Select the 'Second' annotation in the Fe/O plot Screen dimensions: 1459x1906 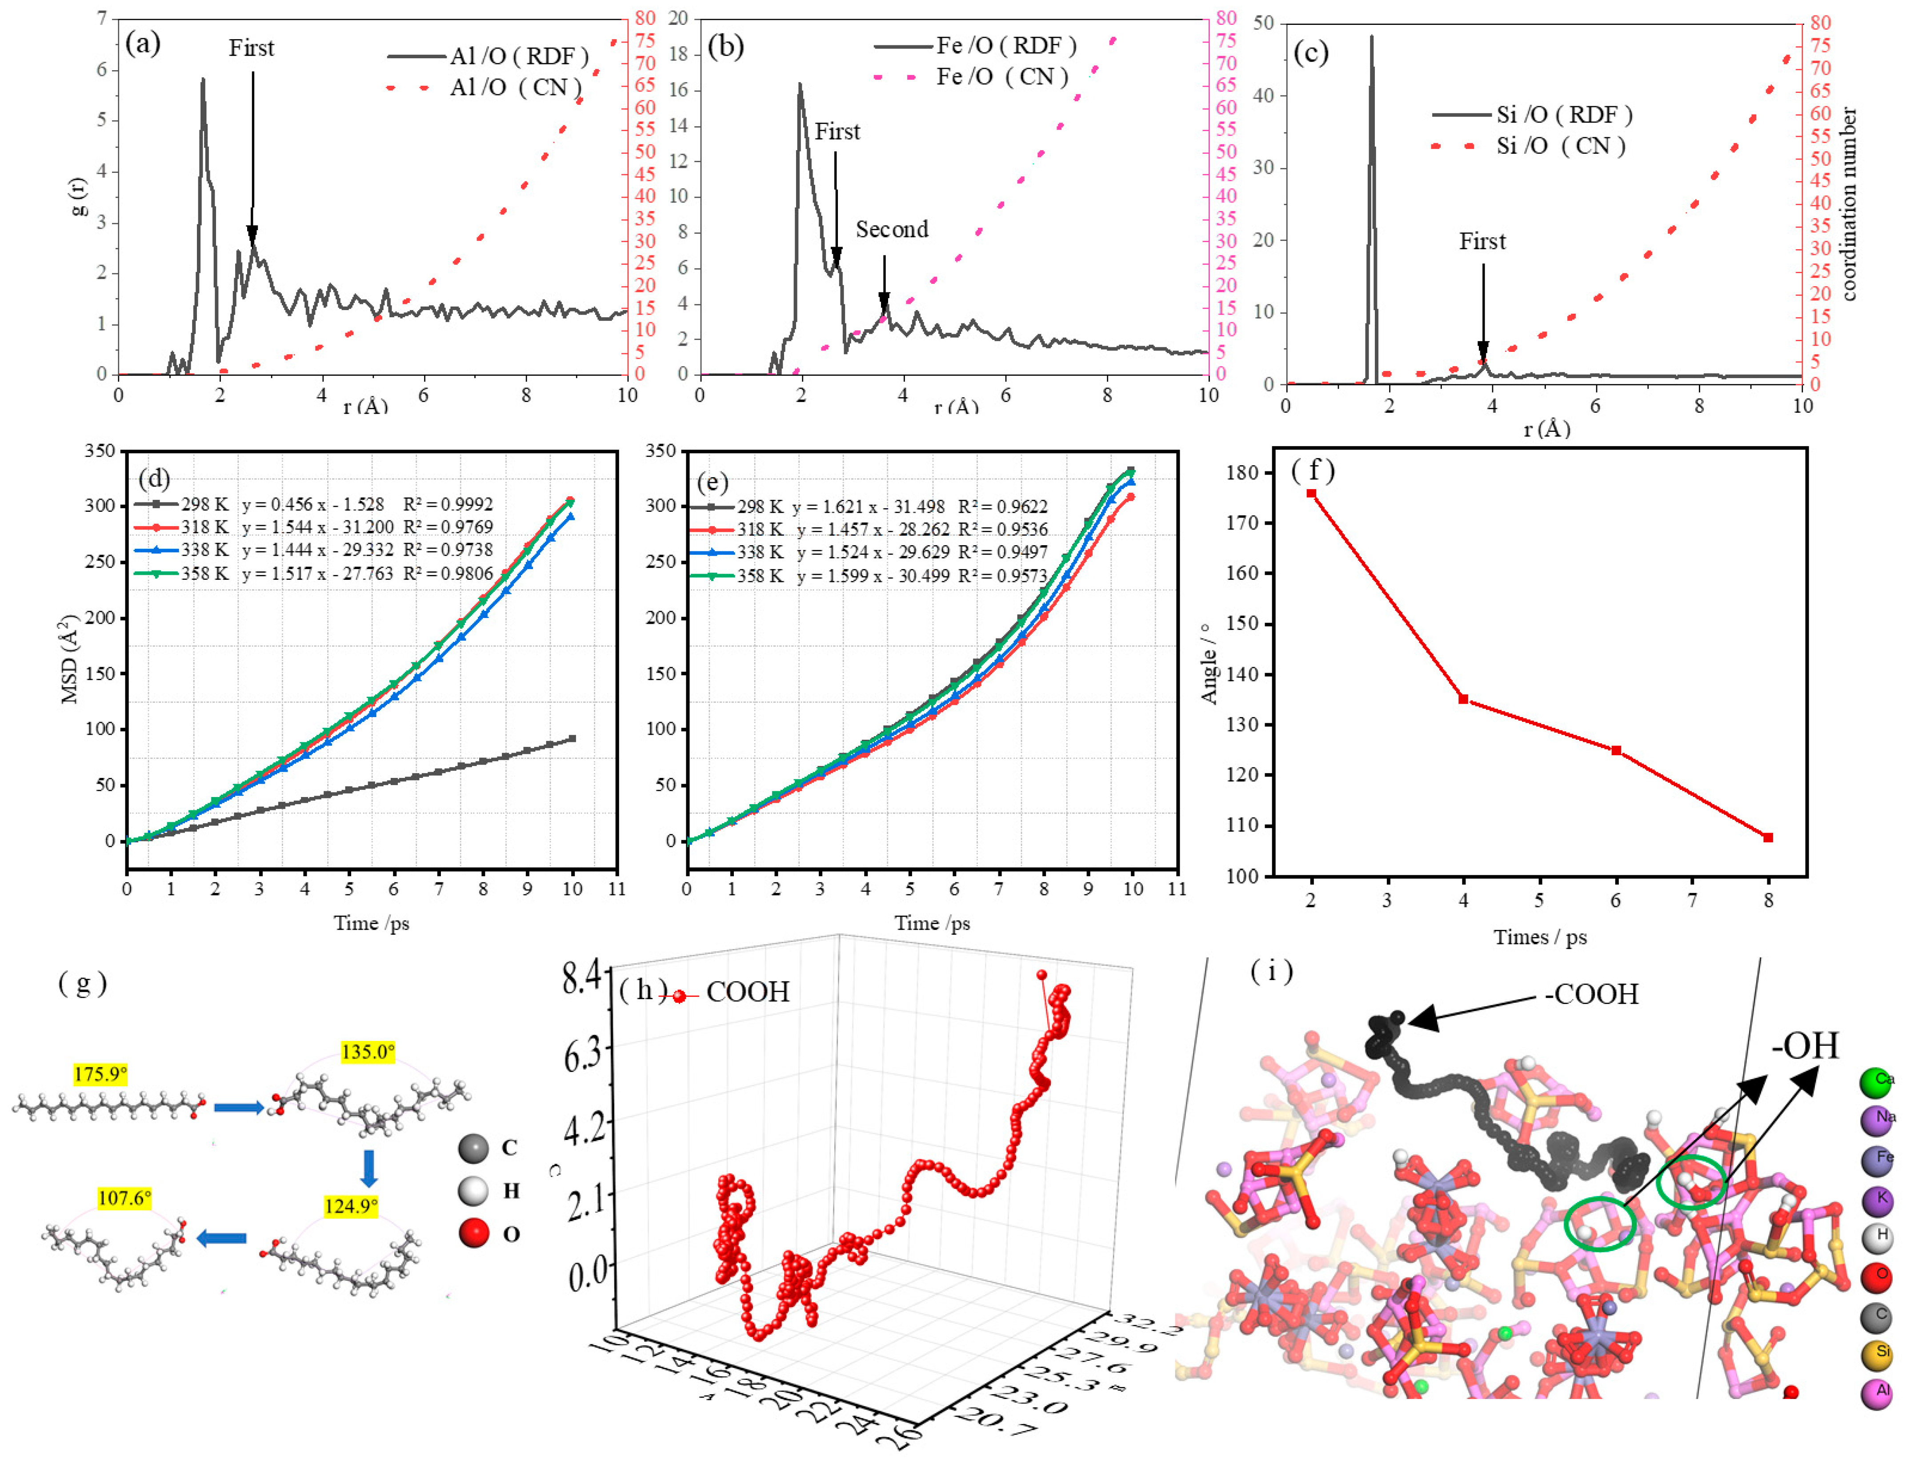pyautogui.click(x=891, y=229)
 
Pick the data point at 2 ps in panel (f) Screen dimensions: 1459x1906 pyautogui.click(x=1311, y=493)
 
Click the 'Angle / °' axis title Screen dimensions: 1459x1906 pyautogui.click(x=1208, y=664)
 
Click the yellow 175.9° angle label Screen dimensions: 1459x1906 pyautogui.click(x=100, y=1074)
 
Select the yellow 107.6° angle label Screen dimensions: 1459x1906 pyautogui.click(x=124, y=1199)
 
